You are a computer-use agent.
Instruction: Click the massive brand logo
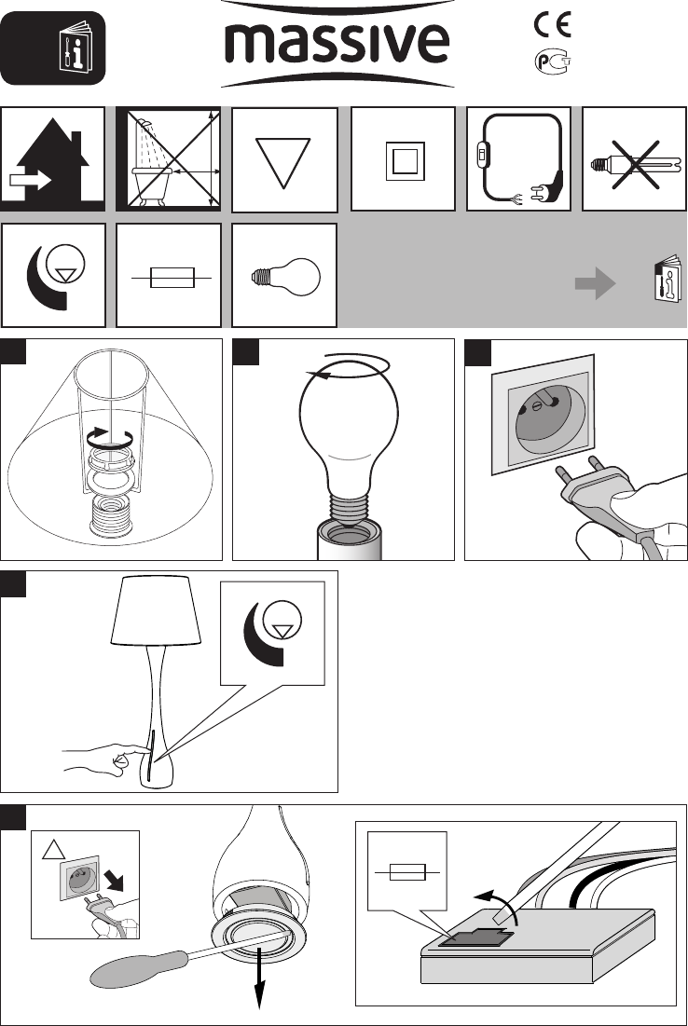point(337,44)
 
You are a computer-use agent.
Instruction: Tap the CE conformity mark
point(553,25)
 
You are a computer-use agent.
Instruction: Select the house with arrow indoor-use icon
point(53,159)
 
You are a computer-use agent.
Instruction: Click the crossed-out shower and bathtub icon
point(169,159)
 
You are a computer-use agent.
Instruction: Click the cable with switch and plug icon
point(518,159)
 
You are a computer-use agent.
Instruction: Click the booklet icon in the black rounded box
point(76,48)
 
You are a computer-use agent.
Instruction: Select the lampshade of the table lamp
point(157,610)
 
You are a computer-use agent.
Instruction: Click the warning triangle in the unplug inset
point(53,849)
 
